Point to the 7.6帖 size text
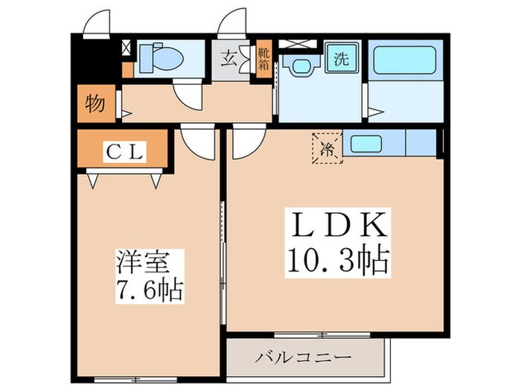149,290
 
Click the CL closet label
124,151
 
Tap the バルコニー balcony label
306,357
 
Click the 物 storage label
94,103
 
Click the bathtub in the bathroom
406,60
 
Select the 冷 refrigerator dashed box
327,147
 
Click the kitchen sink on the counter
363,142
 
